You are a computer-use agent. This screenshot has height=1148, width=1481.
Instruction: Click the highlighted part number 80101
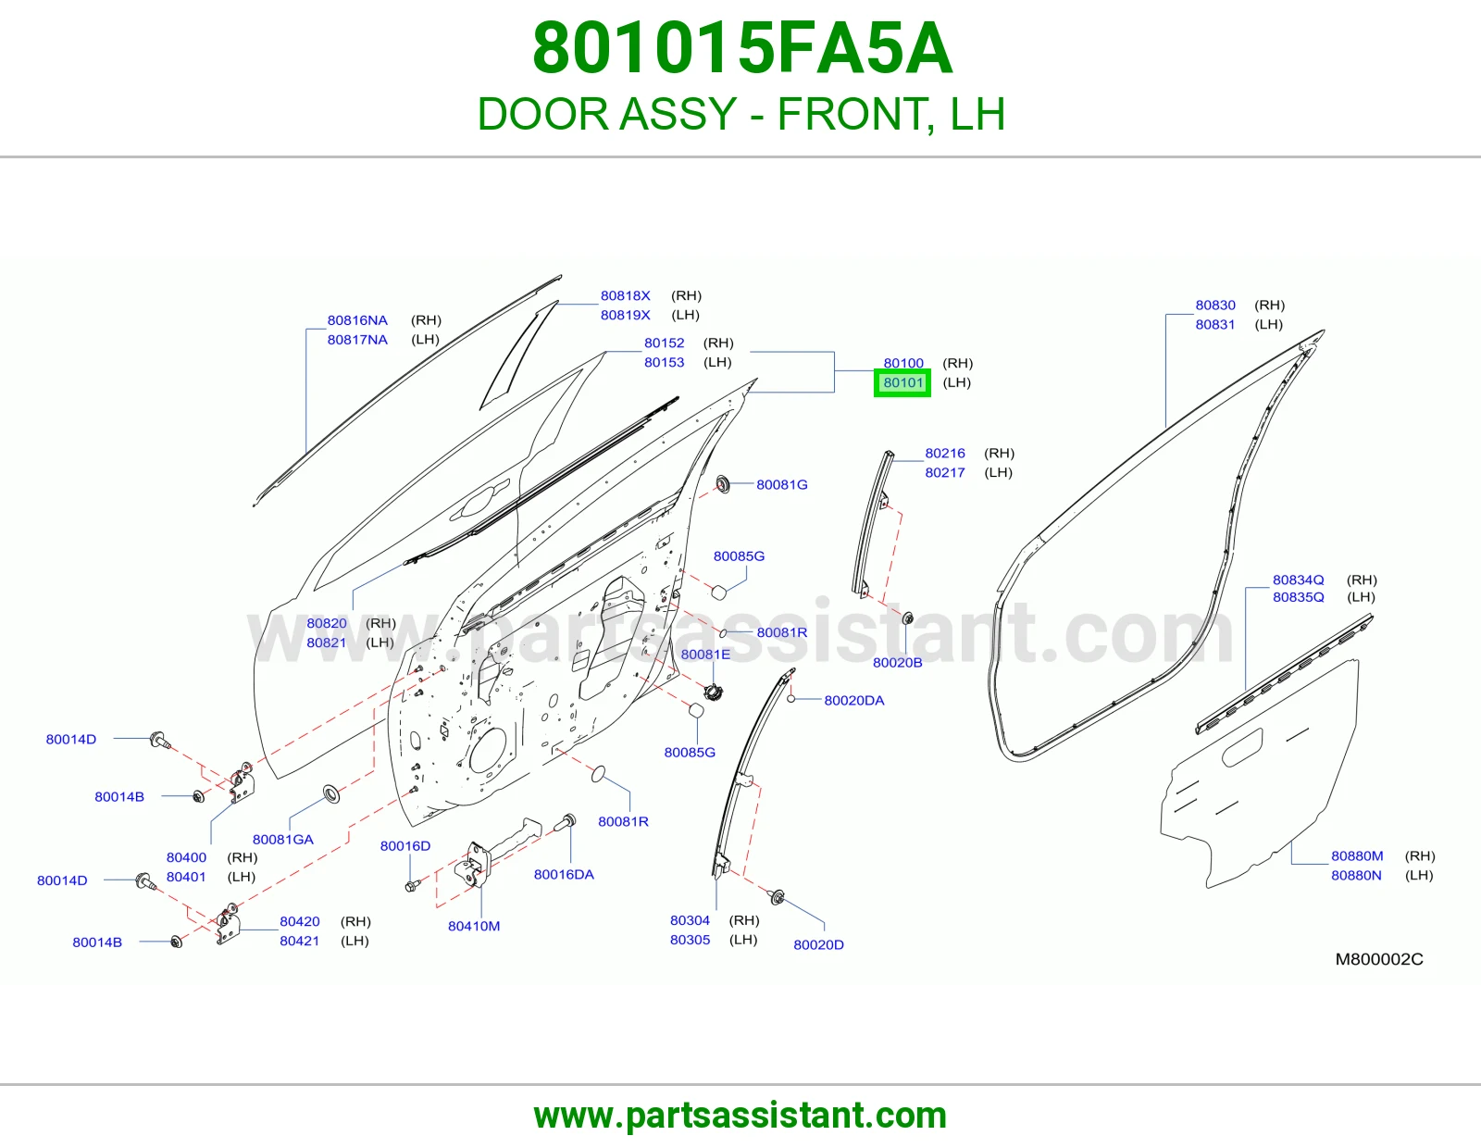point(902,382)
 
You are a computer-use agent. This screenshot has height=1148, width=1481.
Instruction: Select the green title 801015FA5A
point(741,49)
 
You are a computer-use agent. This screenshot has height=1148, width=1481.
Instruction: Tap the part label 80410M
point(474,926)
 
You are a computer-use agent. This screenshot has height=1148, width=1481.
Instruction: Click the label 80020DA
point(854,700)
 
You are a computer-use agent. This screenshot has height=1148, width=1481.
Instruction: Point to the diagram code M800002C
point(1379,959)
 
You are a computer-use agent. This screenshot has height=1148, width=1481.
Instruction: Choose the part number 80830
point(1215,305)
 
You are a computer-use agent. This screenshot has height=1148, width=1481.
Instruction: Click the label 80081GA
point(283,839)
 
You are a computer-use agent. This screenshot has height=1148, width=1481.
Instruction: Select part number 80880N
point(1356,875)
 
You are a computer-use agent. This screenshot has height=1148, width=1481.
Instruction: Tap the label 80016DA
point(564,874)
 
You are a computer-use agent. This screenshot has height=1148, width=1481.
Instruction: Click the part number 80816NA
point(357,319)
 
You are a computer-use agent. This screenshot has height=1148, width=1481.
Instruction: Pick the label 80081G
point(782,484)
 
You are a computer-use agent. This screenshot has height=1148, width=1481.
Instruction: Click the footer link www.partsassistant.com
point(740,1116)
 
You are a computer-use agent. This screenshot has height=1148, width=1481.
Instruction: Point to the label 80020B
point(898,662)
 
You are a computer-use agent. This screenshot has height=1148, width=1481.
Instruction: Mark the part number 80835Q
point(1299,596)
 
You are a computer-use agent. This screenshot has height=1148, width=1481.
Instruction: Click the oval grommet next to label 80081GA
point(331,793)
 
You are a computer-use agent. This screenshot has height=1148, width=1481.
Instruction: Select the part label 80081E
point(705,654)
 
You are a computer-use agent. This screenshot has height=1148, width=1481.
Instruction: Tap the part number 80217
point(945,472)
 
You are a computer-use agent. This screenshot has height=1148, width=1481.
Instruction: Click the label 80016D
point(404,845)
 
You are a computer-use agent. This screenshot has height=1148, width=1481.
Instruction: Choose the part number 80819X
point(625,314)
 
